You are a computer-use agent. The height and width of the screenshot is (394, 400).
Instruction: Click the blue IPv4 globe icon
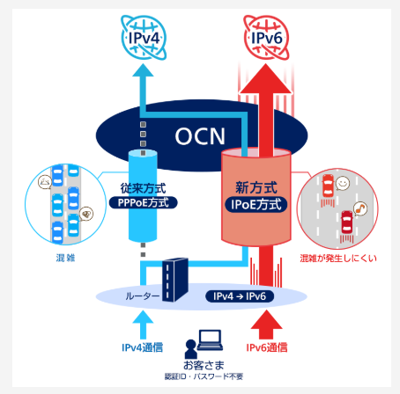coord(144,38)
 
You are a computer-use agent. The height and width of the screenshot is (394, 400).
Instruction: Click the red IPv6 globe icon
coord(266,38)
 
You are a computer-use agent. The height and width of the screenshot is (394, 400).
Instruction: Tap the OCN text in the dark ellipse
coord(200,136)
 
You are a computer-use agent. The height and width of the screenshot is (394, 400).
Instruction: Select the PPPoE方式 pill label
coord(144,202)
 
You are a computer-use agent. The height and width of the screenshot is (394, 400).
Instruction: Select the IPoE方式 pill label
coord(256,204)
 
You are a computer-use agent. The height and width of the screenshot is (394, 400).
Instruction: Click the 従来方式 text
coord(143,188)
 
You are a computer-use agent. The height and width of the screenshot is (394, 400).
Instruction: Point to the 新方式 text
coord(256,187)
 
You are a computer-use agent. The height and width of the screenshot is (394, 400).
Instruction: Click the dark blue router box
coord(175,280)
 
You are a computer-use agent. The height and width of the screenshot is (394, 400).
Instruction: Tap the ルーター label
coord(143,296)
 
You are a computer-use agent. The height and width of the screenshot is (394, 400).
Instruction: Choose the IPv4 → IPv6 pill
coord(240,296)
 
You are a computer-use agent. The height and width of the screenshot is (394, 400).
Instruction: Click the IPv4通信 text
coord(143,347)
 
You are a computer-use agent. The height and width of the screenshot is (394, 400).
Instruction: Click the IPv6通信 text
coord(267,347)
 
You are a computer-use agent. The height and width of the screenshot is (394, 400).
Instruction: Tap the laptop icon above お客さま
coord(210,340)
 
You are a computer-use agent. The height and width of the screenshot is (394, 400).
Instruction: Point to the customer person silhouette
coord(191,349)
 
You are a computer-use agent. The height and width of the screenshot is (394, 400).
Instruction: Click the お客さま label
coord(204,365)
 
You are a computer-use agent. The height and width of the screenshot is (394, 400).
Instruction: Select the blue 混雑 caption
coord(65,258)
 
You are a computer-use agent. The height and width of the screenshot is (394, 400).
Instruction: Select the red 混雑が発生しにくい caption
coord(338,259)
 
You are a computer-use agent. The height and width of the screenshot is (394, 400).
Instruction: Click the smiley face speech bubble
coord(343,184)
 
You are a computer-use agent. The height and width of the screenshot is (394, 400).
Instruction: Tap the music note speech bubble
coord(360,208)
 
